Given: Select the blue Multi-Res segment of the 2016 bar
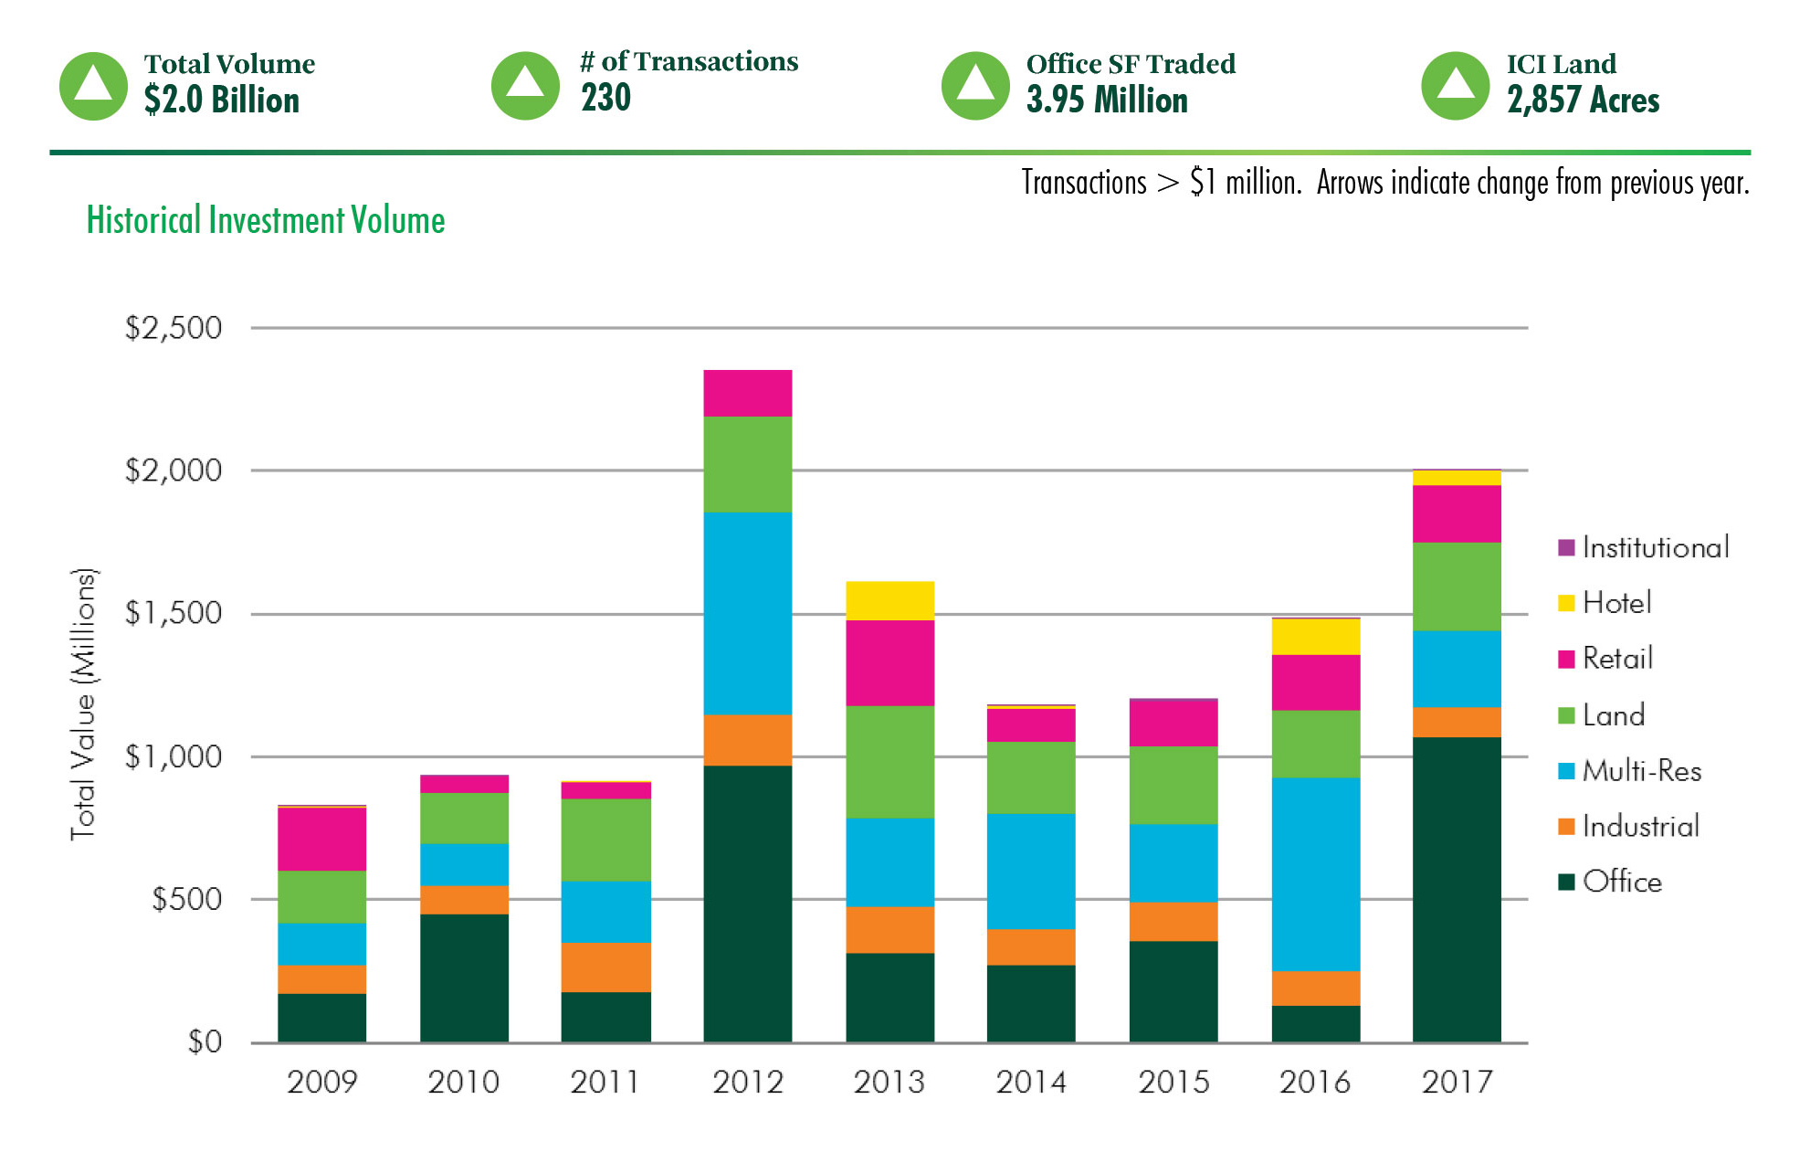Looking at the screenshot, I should (1315, 873).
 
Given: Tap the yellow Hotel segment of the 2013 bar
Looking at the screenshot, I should (889, 600).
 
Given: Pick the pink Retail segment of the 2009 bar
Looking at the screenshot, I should (321, 839).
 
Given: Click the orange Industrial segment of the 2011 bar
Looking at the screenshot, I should (605, 967).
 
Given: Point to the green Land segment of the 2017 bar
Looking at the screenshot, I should (1457, 586).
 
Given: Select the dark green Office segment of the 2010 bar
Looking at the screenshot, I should (464, 977).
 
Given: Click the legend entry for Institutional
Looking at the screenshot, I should (1644, 547).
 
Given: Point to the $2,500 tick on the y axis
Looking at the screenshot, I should (174, 328).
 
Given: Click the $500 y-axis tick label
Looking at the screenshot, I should (186, 899).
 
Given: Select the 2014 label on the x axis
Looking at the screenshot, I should (1031, 1083).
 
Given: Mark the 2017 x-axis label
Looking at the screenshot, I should (1457, 1083).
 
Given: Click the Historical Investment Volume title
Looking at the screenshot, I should (266, 221).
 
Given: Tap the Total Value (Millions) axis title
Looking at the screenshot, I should (83, 703).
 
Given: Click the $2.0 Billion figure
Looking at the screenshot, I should (222, 100).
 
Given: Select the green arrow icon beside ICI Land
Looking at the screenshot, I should (1456, 86).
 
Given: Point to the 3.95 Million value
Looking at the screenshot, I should (1107, 100).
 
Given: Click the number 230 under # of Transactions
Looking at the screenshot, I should (605, 98).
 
